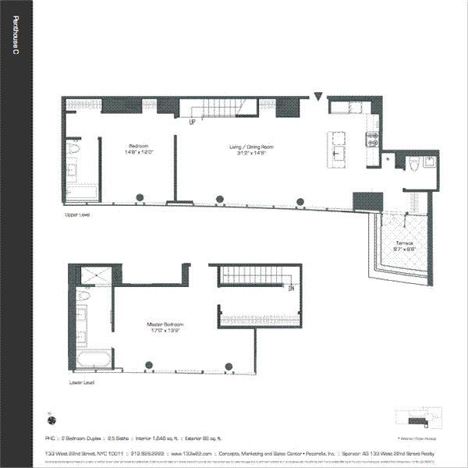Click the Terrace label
pos(404,243)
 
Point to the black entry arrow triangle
pos(317,97)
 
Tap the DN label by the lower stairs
pos(290,288)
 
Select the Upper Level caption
pos(79,213)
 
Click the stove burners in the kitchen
pos(373,141)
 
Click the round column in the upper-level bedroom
pos(139,197)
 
